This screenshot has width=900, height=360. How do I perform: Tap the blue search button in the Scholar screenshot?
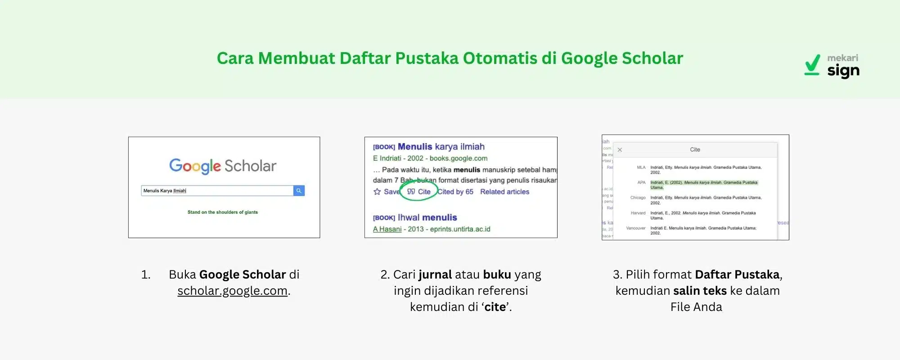pyautogui.click(x=299, y=191)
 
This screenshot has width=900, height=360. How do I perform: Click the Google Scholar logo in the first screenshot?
pyautogui.click(x=223, y=166)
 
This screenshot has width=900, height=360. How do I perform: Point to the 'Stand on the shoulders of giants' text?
pyautogui.click(x=223, y=212)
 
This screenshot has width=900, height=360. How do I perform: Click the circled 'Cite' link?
pyautogui.click(x=419, y=192)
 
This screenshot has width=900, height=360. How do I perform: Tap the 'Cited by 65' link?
pyautogui.click(x=455, y=192)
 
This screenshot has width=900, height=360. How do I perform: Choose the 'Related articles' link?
pyautogui.click(x=504, y=192)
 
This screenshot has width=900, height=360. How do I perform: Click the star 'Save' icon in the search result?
pyautogui.click(x=377, y=192)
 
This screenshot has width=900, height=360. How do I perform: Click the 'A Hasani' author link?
pyautogui.click(x=387, y=229)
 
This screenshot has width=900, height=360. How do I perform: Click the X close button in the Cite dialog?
pyautogui.click(x=620, y=150)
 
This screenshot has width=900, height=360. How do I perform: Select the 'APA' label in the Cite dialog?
pyautogui.click(x=641, y=183)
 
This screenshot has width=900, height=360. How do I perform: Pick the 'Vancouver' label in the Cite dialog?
pyautogui.click(x=635, y=228)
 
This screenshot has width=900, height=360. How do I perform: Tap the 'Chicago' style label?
pyautogui.click(x=638, y=198)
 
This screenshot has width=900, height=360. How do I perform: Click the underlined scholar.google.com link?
pyautogui.click(x=232, y=291)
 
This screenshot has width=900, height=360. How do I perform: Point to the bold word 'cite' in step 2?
pyautogui.click(x=495, y=307)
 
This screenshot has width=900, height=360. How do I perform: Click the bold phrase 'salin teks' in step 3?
pyautogui.click(x=700, y=291)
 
